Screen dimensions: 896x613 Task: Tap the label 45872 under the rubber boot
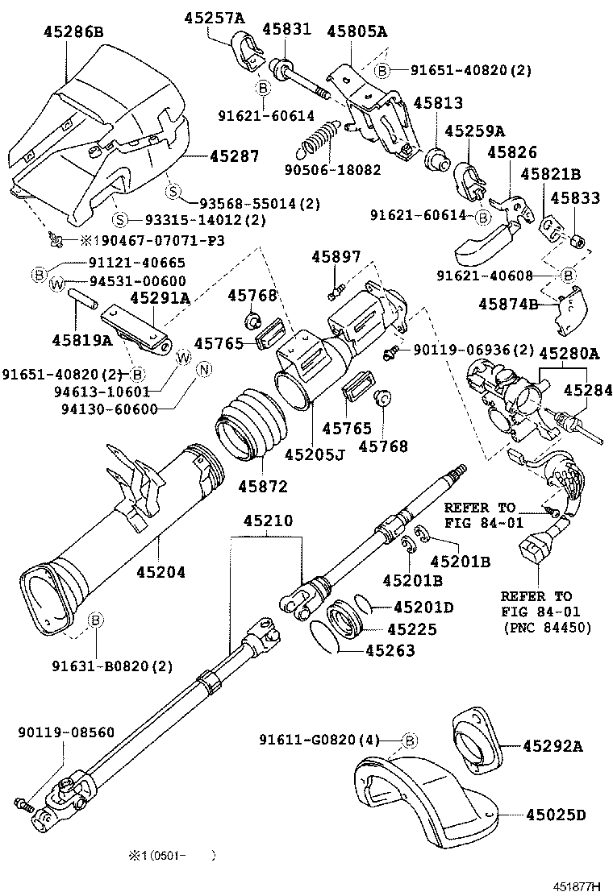point(263,486)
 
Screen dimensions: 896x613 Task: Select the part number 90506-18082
point(333,170)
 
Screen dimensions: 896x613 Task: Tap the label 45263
point(390,651)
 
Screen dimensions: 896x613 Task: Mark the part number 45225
point(412,629)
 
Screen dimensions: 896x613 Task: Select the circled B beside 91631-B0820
point(95,620)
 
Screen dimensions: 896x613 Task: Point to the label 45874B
point(508,304)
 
